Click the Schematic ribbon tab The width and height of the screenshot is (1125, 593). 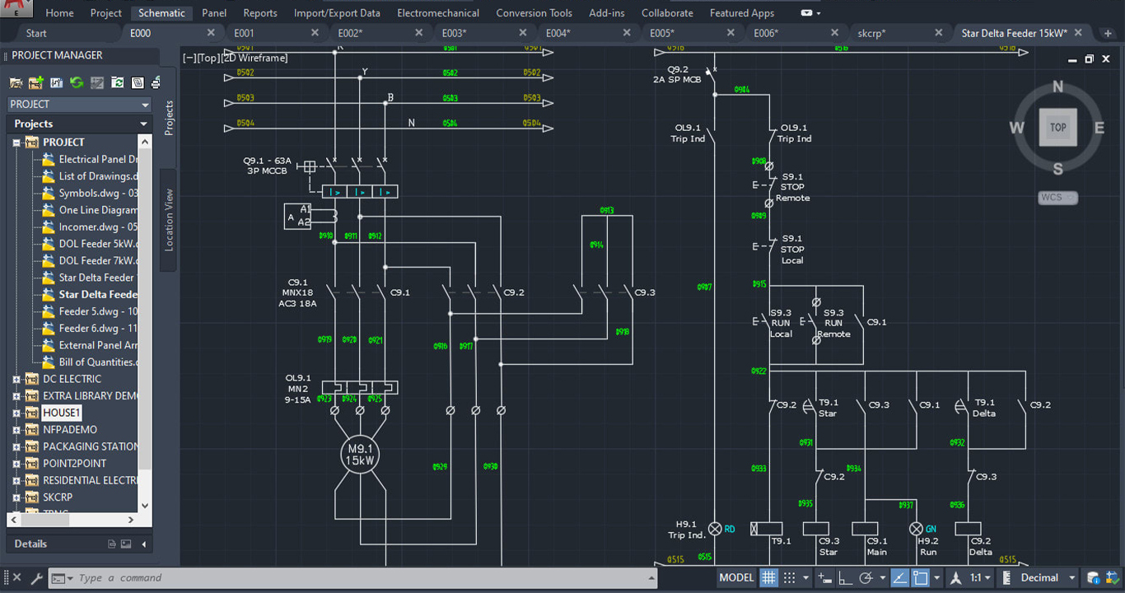(161, 13)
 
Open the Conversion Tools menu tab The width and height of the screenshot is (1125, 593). (534, 13)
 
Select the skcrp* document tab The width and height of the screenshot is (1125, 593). (871, 33)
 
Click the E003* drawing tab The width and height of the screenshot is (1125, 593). (454, 33)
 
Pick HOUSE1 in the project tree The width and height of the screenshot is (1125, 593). (62, 413)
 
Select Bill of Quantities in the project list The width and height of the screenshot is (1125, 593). (97, 362)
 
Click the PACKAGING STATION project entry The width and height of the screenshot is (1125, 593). (91, 446)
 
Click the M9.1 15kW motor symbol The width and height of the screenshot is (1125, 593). (360, 455)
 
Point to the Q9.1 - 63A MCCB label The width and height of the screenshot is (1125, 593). (268, 166)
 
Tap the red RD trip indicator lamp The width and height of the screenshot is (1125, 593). (715, 529)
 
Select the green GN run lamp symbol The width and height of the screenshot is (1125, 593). (916, 529)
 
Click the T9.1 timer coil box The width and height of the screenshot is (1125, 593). (768, 529)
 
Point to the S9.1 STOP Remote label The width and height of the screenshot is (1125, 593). (794, 187)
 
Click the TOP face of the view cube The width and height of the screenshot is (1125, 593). (1057, 128)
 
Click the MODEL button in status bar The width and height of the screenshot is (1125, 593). (735, 577)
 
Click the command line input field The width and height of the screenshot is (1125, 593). (362, 578)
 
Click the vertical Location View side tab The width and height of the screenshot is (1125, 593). (169, 219)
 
